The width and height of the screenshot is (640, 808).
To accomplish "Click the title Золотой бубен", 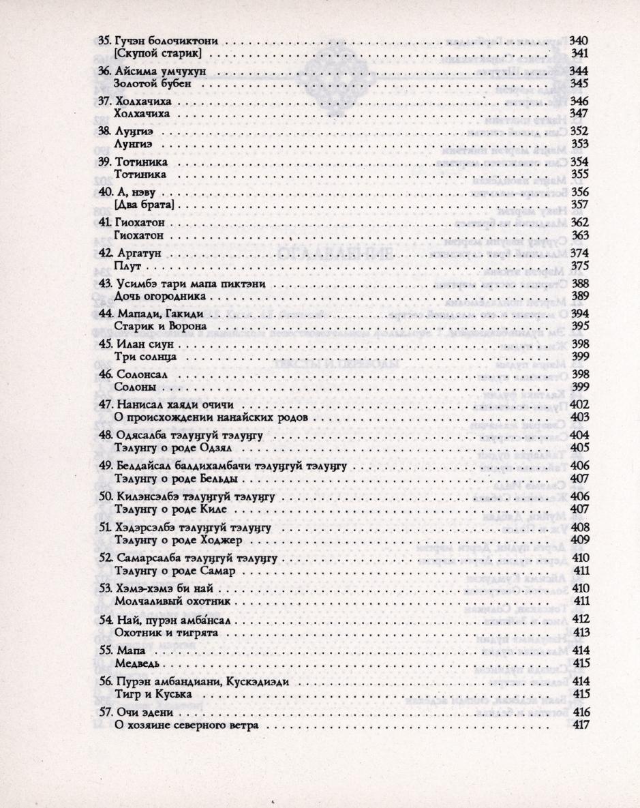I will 151,83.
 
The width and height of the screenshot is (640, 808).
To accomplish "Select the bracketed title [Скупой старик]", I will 159,53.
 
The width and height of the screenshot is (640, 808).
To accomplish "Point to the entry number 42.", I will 105,253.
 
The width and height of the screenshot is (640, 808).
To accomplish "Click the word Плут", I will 128,265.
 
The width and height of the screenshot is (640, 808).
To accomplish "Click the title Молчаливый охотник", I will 175,601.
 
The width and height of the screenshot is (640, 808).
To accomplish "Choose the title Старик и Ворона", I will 159,326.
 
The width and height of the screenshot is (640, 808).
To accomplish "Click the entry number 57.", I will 105,713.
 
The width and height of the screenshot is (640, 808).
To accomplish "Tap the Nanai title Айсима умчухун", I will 163,71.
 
